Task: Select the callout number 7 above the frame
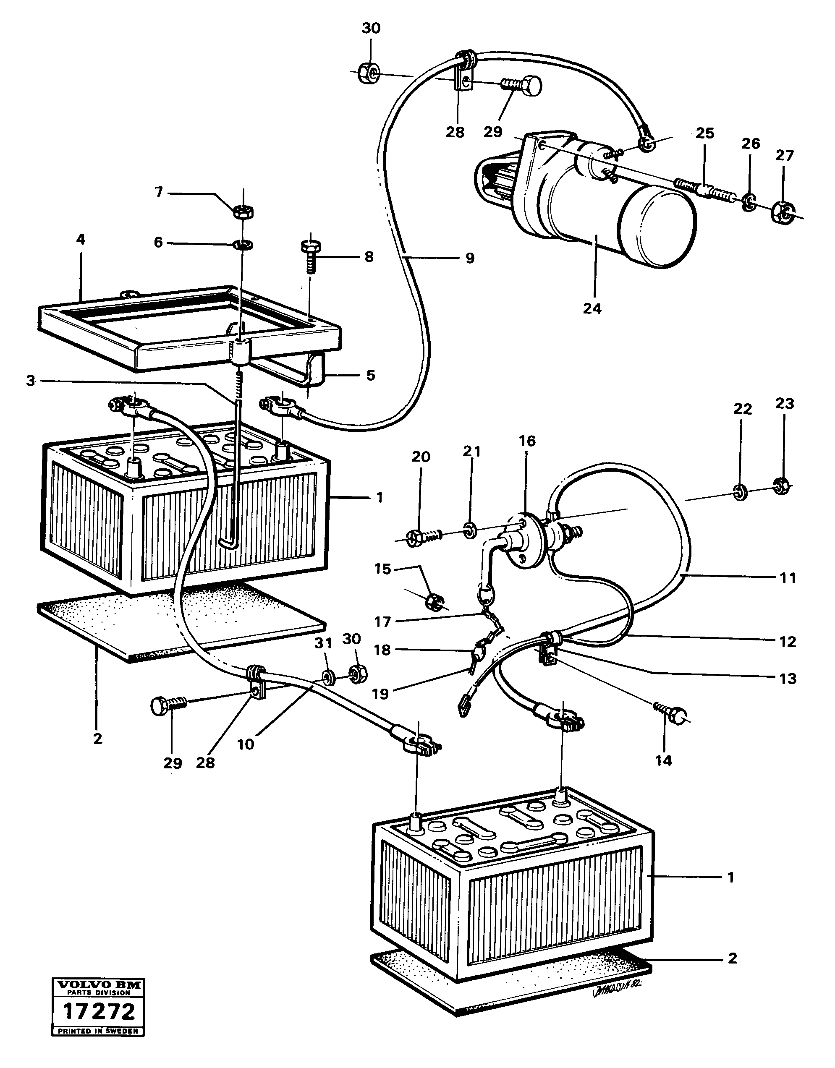159,193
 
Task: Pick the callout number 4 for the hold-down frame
81,240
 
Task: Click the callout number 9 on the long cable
470,258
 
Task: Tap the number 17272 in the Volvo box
98,1011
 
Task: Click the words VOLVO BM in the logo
98,985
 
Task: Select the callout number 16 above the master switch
527,441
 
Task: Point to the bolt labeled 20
424,538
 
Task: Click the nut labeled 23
782,486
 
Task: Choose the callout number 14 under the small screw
664,760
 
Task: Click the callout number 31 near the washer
323,643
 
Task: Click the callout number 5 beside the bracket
370,375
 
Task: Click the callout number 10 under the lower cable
246,744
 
